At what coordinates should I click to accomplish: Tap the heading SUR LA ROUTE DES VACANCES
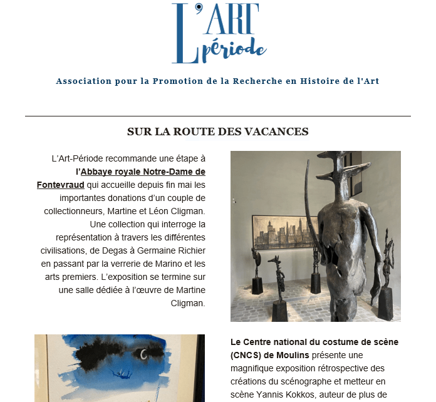pos(217,131)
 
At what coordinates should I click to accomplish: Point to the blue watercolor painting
pos(119,369)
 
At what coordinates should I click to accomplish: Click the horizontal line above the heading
pos(218,116)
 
